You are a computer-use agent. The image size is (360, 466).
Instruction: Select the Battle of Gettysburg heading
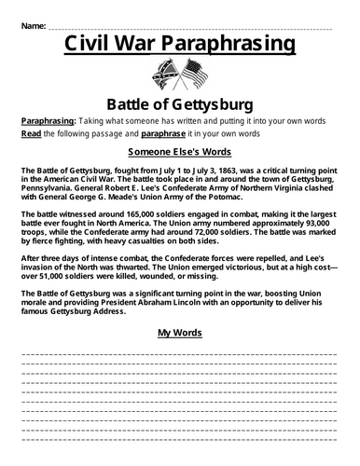[x=179, y=103]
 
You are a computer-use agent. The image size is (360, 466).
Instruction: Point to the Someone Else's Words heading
[x=179, y=152]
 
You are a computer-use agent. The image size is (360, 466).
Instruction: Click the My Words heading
[x=179, y=331]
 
